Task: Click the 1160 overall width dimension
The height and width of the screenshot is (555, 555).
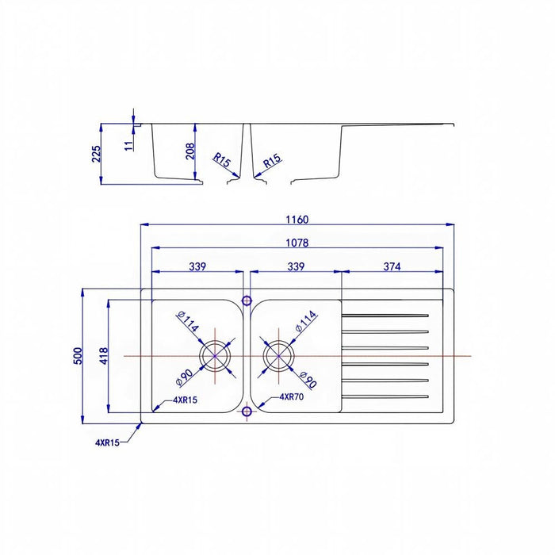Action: click(x=297, y=220)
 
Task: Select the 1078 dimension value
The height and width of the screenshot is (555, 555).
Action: click(x=297, y=243)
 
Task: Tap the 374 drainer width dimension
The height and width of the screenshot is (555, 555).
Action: click(x=392, y=266)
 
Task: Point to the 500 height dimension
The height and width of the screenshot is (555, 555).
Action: click(x=78, y=356)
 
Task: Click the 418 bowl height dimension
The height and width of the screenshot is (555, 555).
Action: click(x=104, y=356)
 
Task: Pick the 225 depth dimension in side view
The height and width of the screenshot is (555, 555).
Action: click(x=96, y=154)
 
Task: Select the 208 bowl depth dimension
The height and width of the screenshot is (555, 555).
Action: click(x=190, y=151)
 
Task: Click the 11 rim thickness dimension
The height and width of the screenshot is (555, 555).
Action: click(x=129, y=146)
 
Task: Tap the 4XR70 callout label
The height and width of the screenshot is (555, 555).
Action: click(x=292, y=396)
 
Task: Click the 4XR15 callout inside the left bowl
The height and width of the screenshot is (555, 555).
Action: click(x=185, y=400)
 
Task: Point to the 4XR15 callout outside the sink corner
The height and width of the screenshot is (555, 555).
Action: click(x=107, y=442)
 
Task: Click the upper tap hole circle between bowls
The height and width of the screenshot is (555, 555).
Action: click(x=247, y=300)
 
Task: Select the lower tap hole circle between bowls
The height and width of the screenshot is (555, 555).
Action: click(x=247, y=411)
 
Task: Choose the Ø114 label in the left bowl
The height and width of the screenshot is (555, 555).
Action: click(x=188, y=320)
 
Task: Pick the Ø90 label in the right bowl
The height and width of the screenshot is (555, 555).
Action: click(x=308, y=380)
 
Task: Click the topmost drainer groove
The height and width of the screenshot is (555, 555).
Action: click(x=385, y=315)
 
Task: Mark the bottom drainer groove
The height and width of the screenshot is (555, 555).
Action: click(x=385, y=396)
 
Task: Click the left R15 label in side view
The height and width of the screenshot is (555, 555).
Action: click(x=221, y=159)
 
